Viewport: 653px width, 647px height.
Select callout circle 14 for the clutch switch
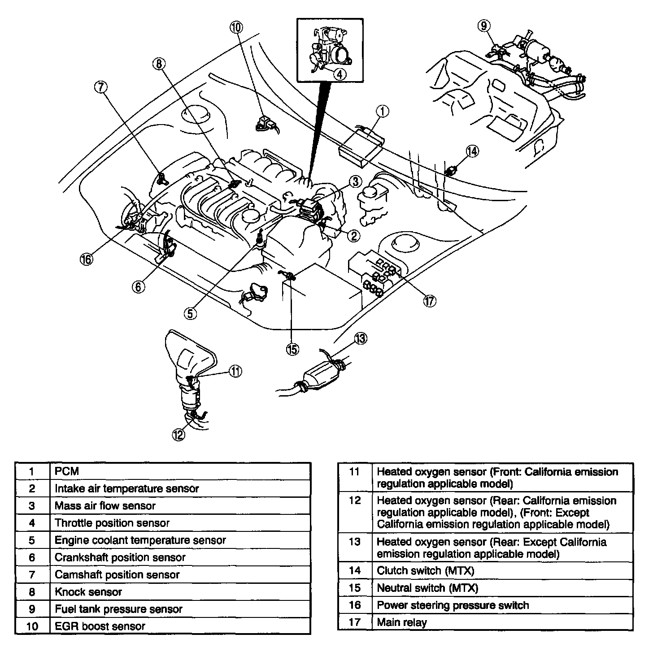point(472,151)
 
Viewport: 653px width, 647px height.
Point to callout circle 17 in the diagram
point(430,302)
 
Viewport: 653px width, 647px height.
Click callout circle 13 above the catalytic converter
point(360,339)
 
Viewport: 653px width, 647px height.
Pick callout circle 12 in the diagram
point(178,434)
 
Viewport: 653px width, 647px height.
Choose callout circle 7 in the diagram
point(101,87)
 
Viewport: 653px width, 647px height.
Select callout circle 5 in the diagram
point(190,314)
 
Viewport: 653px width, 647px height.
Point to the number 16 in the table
point(355,605)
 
